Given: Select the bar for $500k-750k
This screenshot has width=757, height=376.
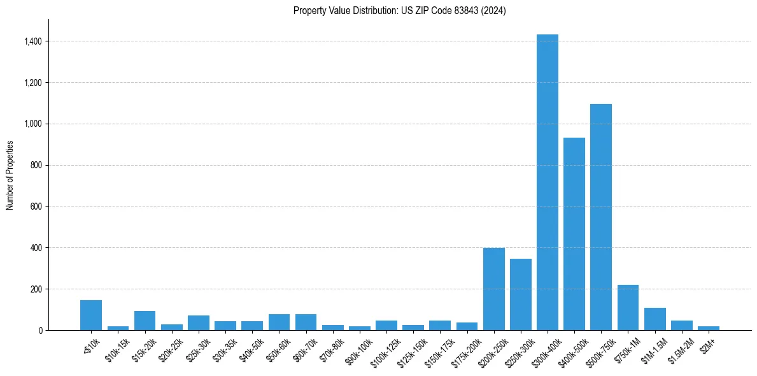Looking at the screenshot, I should (601, 217).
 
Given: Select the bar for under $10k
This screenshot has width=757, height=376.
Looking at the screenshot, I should (91, 315).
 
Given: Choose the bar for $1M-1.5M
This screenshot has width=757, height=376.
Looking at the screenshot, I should (654, 319).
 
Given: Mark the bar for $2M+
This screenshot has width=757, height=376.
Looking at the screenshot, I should (708, 328).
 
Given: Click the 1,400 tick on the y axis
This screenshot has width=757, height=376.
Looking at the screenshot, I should (34, 41).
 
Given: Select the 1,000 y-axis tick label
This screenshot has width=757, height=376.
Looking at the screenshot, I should (34, 124).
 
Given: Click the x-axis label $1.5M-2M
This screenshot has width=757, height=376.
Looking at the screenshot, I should (679, 348).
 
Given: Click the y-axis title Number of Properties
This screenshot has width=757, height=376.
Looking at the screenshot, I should (10, 175).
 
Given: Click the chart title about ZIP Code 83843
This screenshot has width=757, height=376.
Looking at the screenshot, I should (399, 11).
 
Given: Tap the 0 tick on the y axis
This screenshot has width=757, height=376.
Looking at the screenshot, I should (41, 330).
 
